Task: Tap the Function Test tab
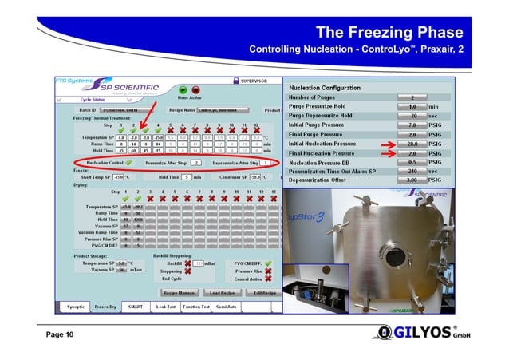(196, 306)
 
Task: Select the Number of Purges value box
(412, 97)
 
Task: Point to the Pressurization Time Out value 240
(412, 171)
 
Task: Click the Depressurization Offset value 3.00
(412, 180)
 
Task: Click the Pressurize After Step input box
(196, 162)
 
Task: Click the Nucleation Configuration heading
(327, 86)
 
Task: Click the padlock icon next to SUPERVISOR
(235, 81)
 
